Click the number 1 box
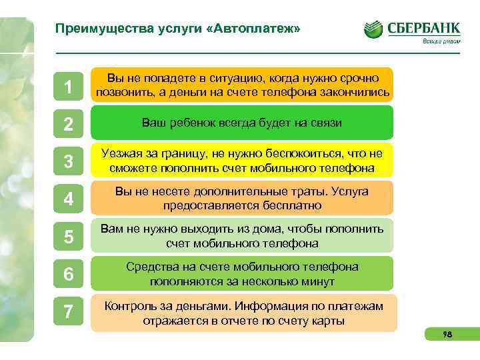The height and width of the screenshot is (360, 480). (x=68, y=87)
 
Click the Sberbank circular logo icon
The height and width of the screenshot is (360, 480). (x=373, y=29)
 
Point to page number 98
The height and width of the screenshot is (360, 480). (x=447, y=335)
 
